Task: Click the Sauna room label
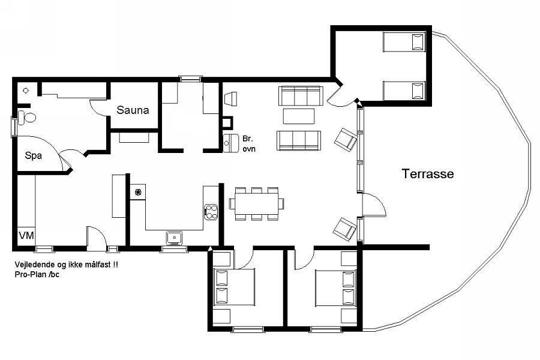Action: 133,110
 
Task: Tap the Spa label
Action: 34,156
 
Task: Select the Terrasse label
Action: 428,173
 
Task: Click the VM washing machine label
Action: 26,236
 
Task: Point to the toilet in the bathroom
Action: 27,118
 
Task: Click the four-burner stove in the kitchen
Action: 211,212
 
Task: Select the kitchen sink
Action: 175,238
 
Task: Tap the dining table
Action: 257,203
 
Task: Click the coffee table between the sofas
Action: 299,116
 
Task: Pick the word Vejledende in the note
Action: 34,265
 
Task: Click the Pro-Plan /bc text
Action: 37,275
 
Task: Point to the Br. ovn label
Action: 248,143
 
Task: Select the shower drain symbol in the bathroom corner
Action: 26,91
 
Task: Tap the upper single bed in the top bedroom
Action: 404,42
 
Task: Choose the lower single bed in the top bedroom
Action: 404,91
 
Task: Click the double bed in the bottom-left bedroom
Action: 234,287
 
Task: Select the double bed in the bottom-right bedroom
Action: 335,289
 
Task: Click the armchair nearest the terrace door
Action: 345,229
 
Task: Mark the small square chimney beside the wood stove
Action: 227,122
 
